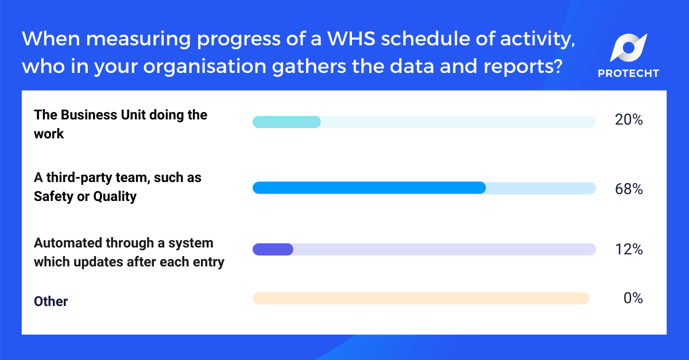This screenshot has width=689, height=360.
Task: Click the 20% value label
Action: pos(628,121)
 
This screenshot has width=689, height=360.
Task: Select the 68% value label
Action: pos(628,188)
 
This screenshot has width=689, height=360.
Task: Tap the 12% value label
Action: pos(628,250)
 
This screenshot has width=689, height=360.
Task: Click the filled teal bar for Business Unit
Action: pos(287,122)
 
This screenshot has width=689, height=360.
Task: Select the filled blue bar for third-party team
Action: pos(369,188)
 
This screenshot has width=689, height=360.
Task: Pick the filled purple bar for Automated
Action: pos(273,249)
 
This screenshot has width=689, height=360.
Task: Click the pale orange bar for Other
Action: pos(421,298)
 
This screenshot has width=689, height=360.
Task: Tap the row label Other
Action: pos(51,301)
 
